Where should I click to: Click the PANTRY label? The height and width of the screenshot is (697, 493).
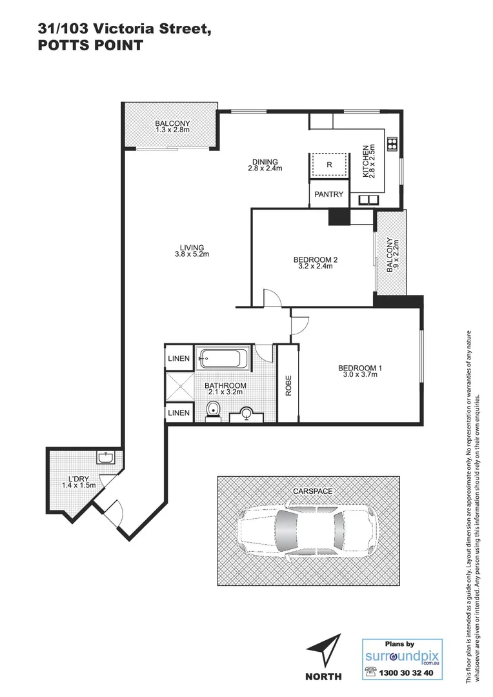tap(329, 194)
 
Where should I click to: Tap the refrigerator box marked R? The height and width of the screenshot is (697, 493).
tap(329, 165)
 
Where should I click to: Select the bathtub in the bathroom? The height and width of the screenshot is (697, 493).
tap(223, 359)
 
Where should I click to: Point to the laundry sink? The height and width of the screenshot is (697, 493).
tap(106, 458)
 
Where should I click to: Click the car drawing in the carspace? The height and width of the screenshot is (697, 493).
tap(306, 530)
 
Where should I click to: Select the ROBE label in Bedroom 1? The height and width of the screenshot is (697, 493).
tap(288, 385)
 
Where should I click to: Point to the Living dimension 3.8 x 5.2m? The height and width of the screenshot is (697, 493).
tap(192, 254)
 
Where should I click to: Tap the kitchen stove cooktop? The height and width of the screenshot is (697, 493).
tap(392, 143)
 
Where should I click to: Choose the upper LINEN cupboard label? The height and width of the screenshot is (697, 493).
tap(179, 358)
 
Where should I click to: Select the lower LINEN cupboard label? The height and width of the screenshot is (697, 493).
tap(179, 412)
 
